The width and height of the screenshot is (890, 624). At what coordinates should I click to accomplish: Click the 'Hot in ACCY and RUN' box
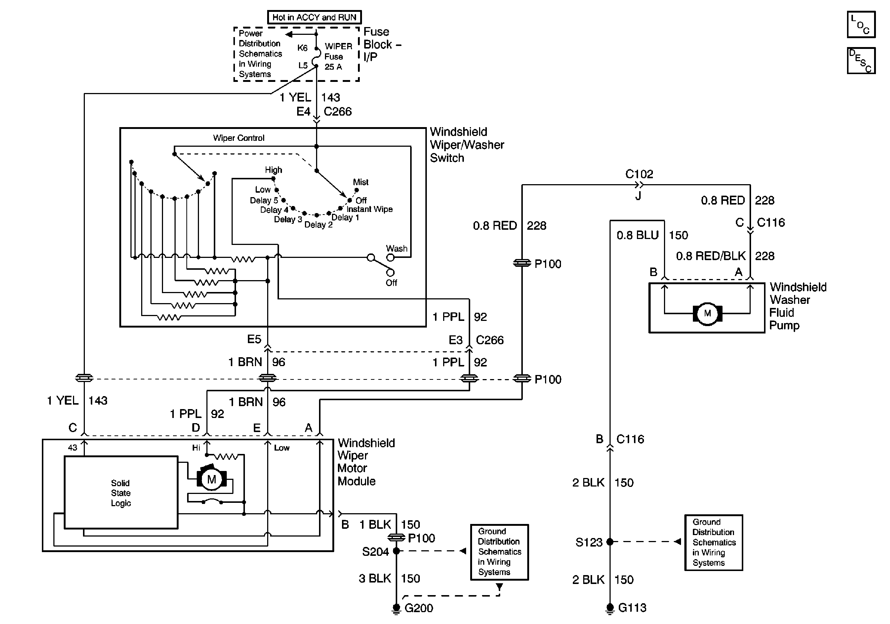tap(314, 17)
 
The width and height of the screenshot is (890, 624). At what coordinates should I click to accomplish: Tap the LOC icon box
tap(861, 25)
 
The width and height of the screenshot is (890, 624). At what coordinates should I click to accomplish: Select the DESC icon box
tap(861, 60)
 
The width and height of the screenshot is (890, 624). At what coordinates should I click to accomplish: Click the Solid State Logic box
tap(121, 492)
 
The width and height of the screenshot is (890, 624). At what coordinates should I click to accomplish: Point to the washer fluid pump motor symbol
tap(707, 313)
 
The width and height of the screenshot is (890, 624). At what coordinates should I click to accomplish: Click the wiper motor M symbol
tap(212, 479)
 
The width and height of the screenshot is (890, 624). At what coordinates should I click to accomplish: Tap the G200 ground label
tap(419, 608)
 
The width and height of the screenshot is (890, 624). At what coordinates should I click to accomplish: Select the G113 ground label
tap(632, 608)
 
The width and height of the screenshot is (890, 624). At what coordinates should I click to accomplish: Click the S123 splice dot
tap(610, 542)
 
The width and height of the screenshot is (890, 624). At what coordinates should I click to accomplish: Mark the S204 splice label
tap(375, 551)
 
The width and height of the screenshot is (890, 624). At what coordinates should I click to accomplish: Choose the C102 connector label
tap(639, 174)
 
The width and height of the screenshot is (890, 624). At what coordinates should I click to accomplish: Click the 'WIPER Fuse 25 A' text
tap(338, 57)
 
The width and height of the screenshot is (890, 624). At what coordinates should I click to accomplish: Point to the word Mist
tap(361, 182)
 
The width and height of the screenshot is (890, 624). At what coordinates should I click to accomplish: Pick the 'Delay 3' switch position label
tap(288, 219)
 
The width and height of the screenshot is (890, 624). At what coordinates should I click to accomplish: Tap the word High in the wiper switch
tap(273, 170)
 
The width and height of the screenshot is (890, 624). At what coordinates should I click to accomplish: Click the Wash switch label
tap(396, 248)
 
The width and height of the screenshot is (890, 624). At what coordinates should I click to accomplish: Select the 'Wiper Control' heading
tap(238, 138)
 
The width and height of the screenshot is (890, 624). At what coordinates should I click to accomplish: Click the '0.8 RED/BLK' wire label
tap(711, 256)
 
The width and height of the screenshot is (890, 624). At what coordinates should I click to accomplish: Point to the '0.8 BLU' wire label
tap(638, 235)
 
